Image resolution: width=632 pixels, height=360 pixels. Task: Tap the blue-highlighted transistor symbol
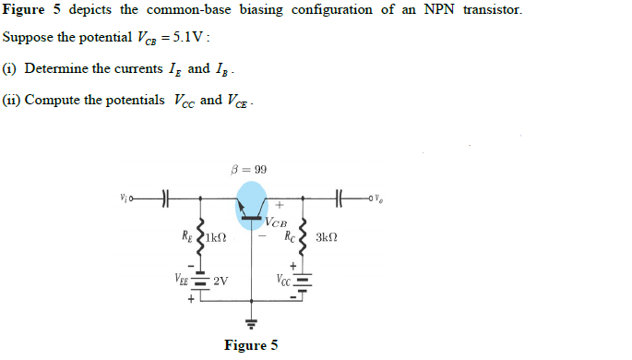(252, 205)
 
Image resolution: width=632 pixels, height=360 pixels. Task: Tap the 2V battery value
(221, 281)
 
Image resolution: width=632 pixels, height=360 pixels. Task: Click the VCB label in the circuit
(276, 222)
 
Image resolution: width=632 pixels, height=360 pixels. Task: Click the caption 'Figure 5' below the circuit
(250, 346)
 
